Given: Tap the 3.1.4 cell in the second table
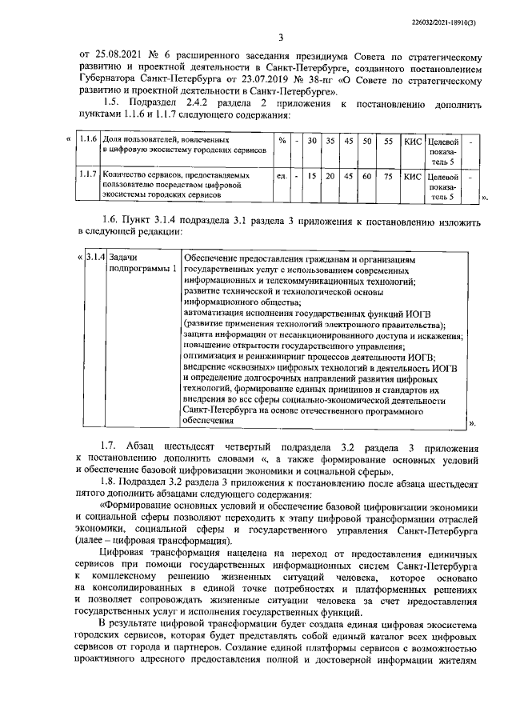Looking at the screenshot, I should (x=95, y=258).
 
